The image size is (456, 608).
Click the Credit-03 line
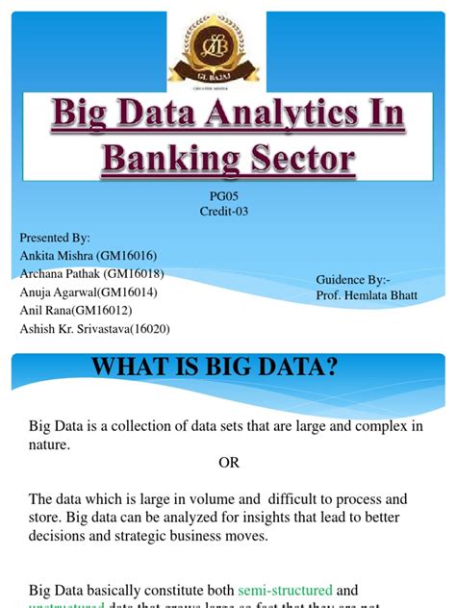(x=227, y=212)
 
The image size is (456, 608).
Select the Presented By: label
(x=55, y=237)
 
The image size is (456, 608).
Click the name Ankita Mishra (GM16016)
(x=85, y=255)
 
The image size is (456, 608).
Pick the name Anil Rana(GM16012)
(x=76, y=310)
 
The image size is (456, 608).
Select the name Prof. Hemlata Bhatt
(x=367, y=295)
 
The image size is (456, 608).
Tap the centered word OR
(x=228, y=463)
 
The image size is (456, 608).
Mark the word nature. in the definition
(x=50, y=445)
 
